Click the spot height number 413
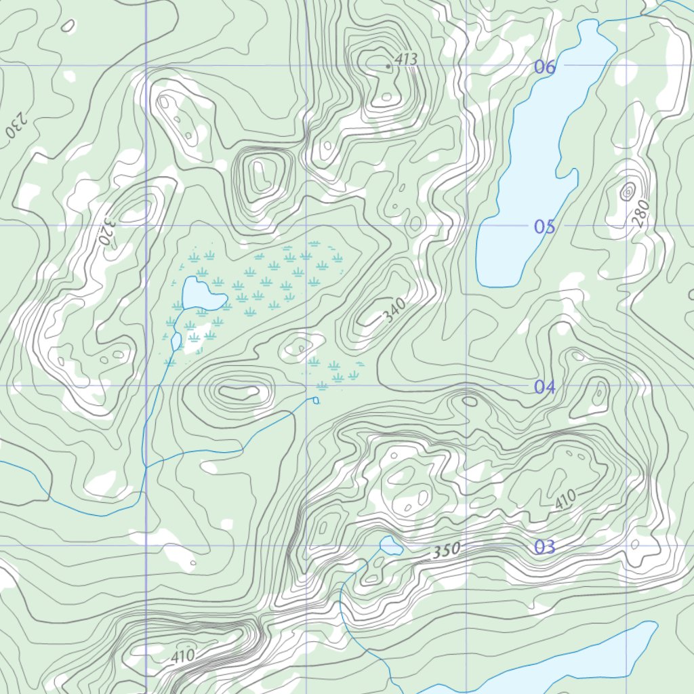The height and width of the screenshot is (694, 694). (406, 60)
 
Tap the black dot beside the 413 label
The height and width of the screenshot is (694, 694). (388, 66)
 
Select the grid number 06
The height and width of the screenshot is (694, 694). (545, 66)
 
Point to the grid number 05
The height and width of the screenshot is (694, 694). (544, 226)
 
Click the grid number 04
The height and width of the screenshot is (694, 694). (544, 387)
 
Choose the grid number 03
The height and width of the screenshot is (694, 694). (544, 547)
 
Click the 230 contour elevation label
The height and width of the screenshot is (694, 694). (15, 124)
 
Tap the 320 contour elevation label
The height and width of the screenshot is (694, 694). (106, 230)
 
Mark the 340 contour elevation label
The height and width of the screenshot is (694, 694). (394, 310)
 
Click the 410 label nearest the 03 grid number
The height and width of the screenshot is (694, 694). (565, 499)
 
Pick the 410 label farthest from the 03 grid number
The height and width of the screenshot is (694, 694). (182, 655)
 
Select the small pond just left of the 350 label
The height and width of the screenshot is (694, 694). (390, 544)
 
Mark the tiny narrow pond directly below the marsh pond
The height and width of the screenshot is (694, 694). (176, 342)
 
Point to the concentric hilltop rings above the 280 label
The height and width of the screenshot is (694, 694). (627, 192)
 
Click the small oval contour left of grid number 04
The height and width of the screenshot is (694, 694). (469, 401)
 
